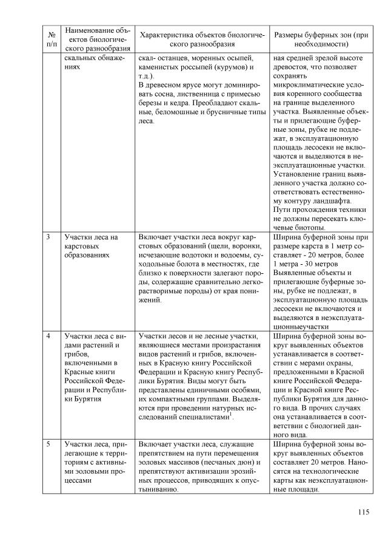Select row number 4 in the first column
coord(48,336)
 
